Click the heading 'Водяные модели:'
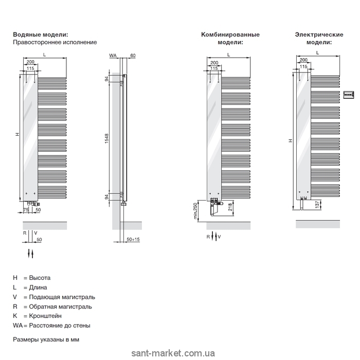click(x=40, y=34)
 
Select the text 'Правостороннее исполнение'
click(x=55, y=42)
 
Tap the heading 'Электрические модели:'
click(x=319, y=38)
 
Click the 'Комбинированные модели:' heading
click(x=230, y=38)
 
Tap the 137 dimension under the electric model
click(x=317, y=205)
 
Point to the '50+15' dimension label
click(x=133, y=240)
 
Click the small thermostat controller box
click(x=349, y=94)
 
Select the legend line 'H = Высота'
click(x=32, y=278)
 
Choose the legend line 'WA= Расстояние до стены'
click(x=51, y=326)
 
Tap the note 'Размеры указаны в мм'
click(x=46, y=340)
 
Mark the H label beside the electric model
click(x=290, y=140)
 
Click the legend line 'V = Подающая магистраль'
click(x=54, y=297)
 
